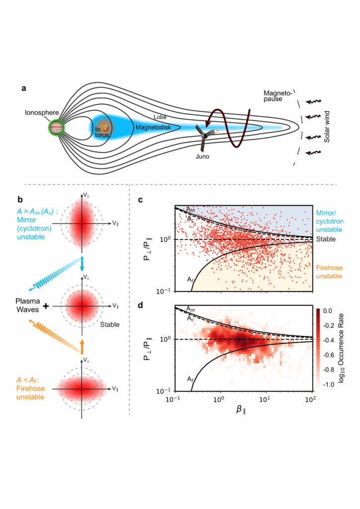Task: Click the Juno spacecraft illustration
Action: point(203,136)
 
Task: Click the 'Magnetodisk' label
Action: point(153,128)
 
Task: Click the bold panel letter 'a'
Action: point(23,88)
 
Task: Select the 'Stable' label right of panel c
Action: point(326,239)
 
